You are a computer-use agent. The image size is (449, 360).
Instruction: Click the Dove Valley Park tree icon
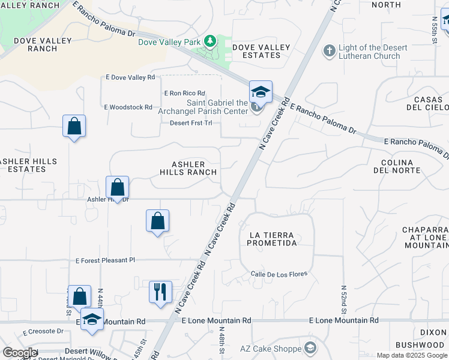tap(210, 41)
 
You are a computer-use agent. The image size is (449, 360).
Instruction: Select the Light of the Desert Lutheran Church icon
tap(329, 52)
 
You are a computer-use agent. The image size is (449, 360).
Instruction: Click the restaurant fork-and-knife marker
tap(160, 292)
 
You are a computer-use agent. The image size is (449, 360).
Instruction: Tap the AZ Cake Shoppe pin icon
tap(310, 348)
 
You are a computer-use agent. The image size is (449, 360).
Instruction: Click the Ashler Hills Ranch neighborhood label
tap(188, 168)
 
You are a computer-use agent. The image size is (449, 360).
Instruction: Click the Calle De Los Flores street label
tap(279, 274)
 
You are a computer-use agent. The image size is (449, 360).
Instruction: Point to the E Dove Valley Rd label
tap(130, 77)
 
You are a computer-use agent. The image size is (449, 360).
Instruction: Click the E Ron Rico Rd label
tap(185, 93)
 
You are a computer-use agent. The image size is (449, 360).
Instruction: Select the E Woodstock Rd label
tap(128, 107)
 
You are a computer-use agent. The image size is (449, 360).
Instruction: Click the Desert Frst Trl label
tap(191, 123)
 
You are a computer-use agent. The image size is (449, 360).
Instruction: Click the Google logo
tap(20, 353)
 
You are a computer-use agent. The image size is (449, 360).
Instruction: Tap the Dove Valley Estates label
tap(261, 51)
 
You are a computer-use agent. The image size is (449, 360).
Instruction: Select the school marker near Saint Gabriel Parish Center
tap(261, 92)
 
